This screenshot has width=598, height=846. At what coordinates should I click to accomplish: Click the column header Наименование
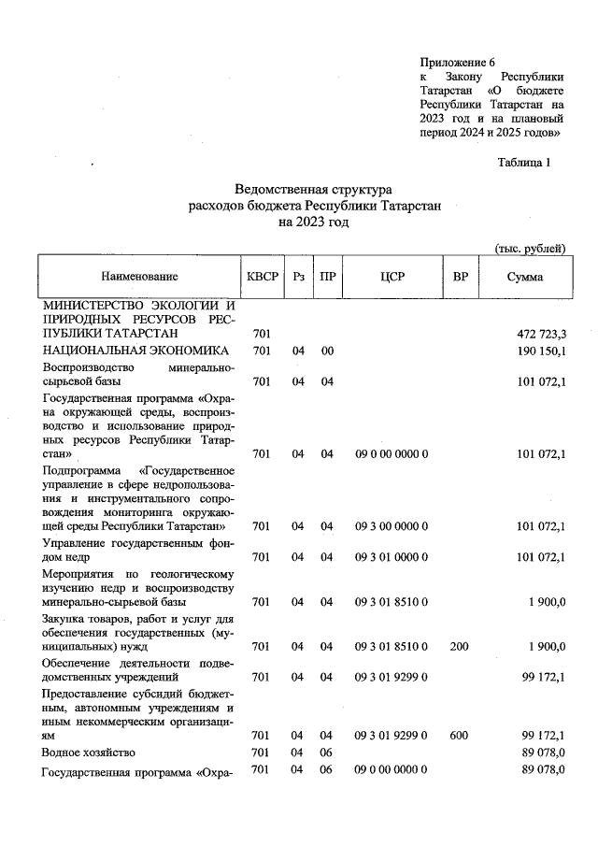click(x=139, y=277)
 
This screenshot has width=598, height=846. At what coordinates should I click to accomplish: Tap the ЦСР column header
click(x=392, y=277)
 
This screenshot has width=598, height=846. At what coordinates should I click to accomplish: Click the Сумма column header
click(x=524, y=277)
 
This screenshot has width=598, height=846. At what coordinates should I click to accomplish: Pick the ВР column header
click(x=460, y=277)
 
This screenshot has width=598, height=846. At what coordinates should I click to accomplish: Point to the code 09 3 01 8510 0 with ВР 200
click(x=392, y=646)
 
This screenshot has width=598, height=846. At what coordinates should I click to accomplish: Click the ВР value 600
click(x=460, y=735)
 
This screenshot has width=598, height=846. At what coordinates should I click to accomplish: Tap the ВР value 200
click(x=460, y=646)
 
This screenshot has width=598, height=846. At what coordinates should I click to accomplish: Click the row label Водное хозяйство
click(x=89, y=753)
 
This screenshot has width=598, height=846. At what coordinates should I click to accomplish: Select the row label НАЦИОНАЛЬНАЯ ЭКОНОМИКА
click(x=135, y=351)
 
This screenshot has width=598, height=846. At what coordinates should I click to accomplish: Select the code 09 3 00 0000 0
click(x=392, y=527)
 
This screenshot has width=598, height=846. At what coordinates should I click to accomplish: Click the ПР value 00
click(x=327, y=351)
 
